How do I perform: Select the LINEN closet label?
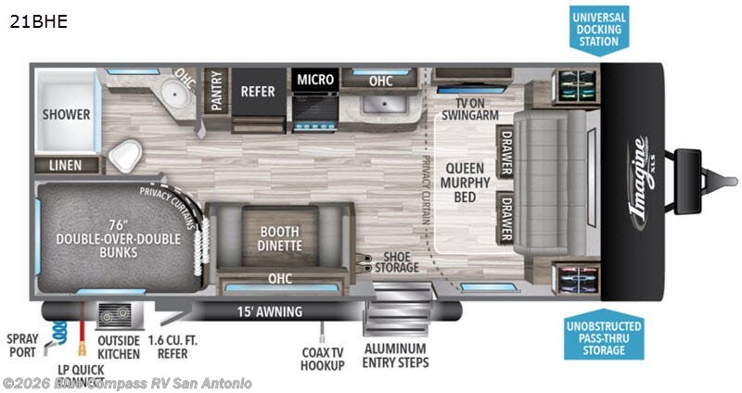66,165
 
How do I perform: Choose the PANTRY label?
216,93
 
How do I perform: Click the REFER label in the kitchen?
257,92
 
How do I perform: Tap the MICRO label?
315,80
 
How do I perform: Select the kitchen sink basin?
380,108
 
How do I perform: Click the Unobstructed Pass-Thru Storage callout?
600,337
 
